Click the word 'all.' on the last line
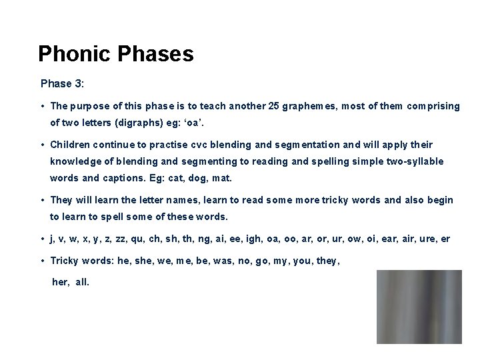tap(81, 282)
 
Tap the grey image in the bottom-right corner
tap(419, 307)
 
